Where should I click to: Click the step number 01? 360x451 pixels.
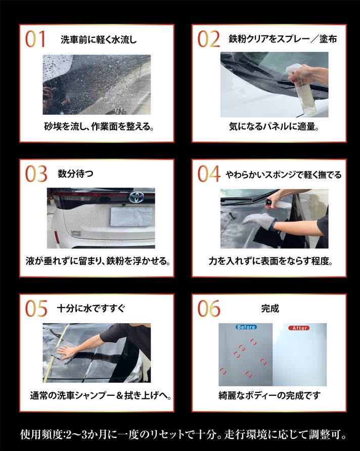tap(35, 39)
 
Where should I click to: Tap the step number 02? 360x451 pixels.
tap(208, 39)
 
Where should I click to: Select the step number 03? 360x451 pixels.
tap(36, 174)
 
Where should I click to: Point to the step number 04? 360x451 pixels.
tap(209, 174)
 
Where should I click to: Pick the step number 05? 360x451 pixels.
tap(36, 308)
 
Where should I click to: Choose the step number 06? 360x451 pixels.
tap(209, 308)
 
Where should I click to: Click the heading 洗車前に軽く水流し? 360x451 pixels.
tap(99, 39)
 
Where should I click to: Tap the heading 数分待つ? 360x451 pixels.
tap(75, 174)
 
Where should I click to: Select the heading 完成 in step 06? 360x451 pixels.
tap(270, 308)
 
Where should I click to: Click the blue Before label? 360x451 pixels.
tap(246, 327)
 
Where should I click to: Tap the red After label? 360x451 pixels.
tap(299, 328)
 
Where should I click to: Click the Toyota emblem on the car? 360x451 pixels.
tap(137, 197)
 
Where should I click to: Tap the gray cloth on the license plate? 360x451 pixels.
tap(131, 216)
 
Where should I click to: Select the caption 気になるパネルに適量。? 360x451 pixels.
tap(274, 126)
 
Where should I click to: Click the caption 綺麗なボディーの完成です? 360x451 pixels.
tap(269, 396)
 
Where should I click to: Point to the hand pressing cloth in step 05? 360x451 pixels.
tap(67, 351)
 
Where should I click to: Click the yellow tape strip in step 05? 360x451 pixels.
tap(56, 353)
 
